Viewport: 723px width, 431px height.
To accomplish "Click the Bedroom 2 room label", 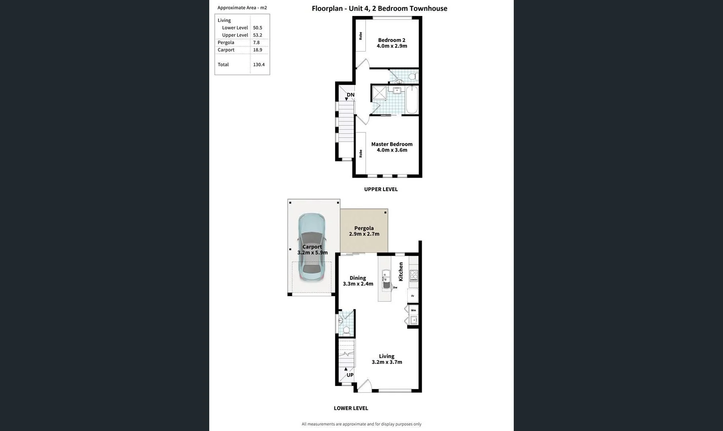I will click(x=392, y=43).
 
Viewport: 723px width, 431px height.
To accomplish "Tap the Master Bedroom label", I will click(x=392, y=147).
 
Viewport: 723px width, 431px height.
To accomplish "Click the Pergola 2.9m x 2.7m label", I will click(x=364, y=231).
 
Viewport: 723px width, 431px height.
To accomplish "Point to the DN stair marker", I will click(x=350, y=95).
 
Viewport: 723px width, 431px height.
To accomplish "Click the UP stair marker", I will click(x=350, y=375).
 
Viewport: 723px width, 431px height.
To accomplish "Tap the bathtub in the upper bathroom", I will click(x=412, y=100).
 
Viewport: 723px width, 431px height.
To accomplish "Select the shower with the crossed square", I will click(x=379, y=93).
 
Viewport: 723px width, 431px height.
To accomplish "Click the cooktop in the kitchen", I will click(x=414, y=276).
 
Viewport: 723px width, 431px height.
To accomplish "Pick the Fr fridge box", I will click(x=413, y=296).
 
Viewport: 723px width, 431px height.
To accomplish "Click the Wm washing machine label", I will click(x=413, y=310).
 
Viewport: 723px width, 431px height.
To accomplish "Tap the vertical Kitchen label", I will click(x=401, y=271).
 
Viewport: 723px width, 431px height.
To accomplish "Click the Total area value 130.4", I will click(x=259, y=65).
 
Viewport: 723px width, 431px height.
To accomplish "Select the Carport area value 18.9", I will click(x=257, y=50).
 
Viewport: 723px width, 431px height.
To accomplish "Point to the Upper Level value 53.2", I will click(x=257, y=35).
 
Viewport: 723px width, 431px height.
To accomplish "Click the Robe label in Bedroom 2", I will click(x=361, y=36).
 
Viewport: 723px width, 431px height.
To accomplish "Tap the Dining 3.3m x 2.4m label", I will click(x=358, y=281).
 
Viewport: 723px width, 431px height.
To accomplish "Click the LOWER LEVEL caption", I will click(x=351, y=408).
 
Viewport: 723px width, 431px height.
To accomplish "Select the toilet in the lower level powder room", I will click(x=346, y=330).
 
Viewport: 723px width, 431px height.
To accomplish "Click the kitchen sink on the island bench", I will click(x=385, y=275).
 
